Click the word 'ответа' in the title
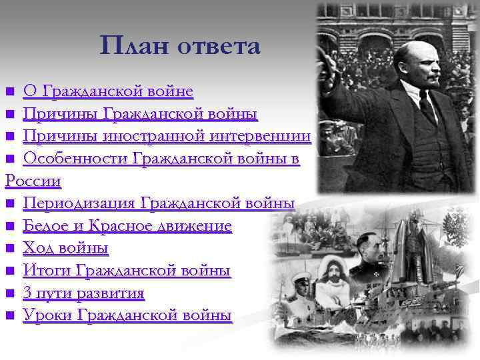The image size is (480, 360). coord(218,46)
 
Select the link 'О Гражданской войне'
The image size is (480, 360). coord(108,91)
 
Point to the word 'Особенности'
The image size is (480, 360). coord(75,159)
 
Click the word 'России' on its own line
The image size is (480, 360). coord(33,181)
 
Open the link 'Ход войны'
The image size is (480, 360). coord(65,249)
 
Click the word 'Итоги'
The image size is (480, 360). coord(47,271)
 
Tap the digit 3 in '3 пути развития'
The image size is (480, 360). coord(27,293)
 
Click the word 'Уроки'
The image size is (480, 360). coord(47,316)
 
